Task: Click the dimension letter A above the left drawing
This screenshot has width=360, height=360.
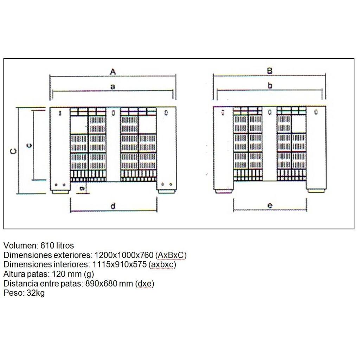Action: [112, 72]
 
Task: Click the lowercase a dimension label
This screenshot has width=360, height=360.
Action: [112, 87]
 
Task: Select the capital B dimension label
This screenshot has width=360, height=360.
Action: [270, 71]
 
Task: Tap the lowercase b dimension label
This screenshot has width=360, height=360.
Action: [270, 86]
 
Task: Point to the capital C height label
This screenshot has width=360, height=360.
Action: [14, 151]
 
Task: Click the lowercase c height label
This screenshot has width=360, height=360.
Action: [29, 145]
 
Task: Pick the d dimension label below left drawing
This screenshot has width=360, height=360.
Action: [113, 206]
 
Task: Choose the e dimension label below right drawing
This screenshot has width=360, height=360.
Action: [270, 205]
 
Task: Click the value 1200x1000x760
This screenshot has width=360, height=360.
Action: [124, 255]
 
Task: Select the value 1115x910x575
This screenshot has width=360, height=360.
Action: [120, 264]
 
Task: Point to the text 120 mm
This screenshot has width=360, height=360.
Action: [67, 274]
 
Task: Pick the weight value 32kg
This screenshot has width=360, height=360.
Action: [36, 293]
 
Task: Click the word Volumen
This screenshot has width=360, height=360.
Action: [20, 245]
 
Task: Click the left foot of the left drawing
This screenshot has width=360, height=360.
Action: [60, 192]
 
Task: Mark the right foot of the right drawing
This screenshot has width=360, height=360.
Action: [317, 191]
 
